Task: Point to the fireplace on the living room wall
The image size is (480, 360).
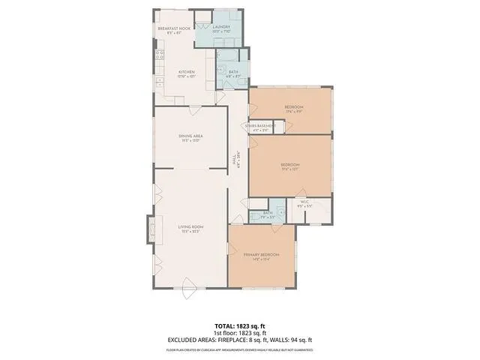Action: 151,227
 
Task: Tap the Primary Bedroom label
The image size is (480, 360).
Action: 261,255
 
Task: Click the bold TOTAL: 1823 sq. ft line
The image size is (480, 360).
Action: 240,326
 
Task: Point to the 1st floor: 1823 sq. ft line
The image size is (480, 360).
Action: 240,332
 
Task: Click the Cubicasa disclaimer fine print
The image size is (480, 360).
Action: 240,349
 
